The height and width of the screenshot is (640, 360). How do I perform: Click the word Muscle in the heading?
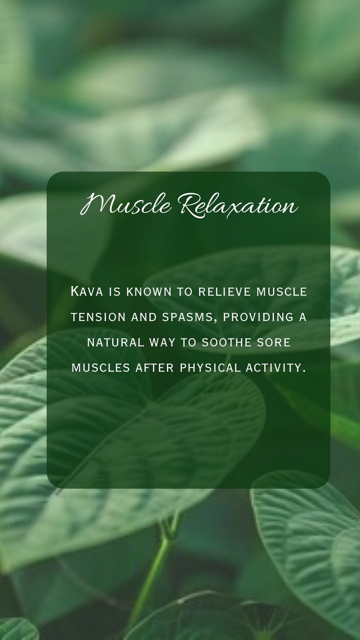point(126,204)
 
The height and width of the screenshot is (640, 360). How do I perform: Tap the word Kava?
point(87,291)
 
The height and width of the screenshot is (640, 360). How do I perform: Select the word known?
point(149,292)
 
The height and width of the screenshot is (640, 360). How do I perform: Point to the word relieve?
point(225,292)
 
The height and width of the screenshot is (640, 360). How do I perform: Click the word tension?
point(98,317)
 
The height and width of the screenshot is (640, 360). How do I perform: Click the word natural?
point(116,342)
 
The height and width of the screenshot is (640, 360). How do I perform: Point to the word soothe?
point(227,342)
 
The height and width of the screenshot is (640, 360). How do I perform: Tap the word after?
point(155,368)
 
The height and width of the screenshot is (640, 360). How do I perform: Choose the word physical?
point(210,368)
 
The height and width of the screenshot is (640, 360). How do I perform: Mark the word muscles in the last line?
point(101,368)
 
